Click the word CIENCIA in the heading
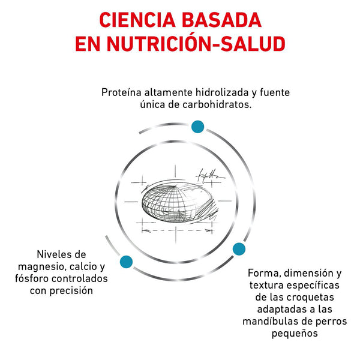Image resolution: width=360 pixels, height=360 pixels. (x=137, y=20)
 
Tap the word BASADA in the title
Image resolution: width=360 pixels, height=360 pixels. (x=221, y=20)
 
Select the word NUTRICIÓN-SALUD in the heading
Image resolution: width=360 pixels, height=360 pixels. (x=196, y=43)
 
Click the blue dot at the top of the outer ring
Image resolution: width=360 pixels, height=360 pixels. (x=197, y=127)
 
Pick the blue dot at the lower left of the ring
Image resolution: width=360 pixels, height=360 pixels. (x=126, y=262)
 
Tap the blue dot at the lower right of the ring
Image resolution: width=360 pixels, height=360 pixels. (x=239, y=249)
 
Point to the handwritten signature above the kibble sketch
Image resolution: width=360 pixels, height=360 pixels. (x=209, y=176)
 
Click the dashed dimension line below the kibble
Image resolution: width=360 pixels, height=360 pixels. (x=177, y=230)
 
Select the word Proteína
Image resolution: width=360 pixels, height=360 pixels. (x=121, y=92)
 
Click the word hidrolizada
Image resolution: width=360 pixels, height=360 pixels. (x=222, y=92)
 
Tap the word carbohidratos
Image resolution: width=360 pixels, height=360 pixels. (x=217, y=104)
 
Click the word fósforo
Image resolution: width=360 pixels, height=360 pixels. (x=32, y=278)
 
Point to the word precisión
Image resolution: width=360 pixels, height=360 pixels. (x=71, y=290)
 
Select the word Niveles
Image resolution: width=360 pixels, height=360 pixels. (x=52, y=254)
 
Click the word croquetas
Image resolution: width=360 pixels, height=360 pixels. (x=310, y=298)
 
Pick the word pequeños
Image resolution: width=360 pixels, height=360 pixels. (x=295, y=334)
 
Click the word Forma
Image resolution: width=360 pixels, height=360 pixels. (x=264, y=273)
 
